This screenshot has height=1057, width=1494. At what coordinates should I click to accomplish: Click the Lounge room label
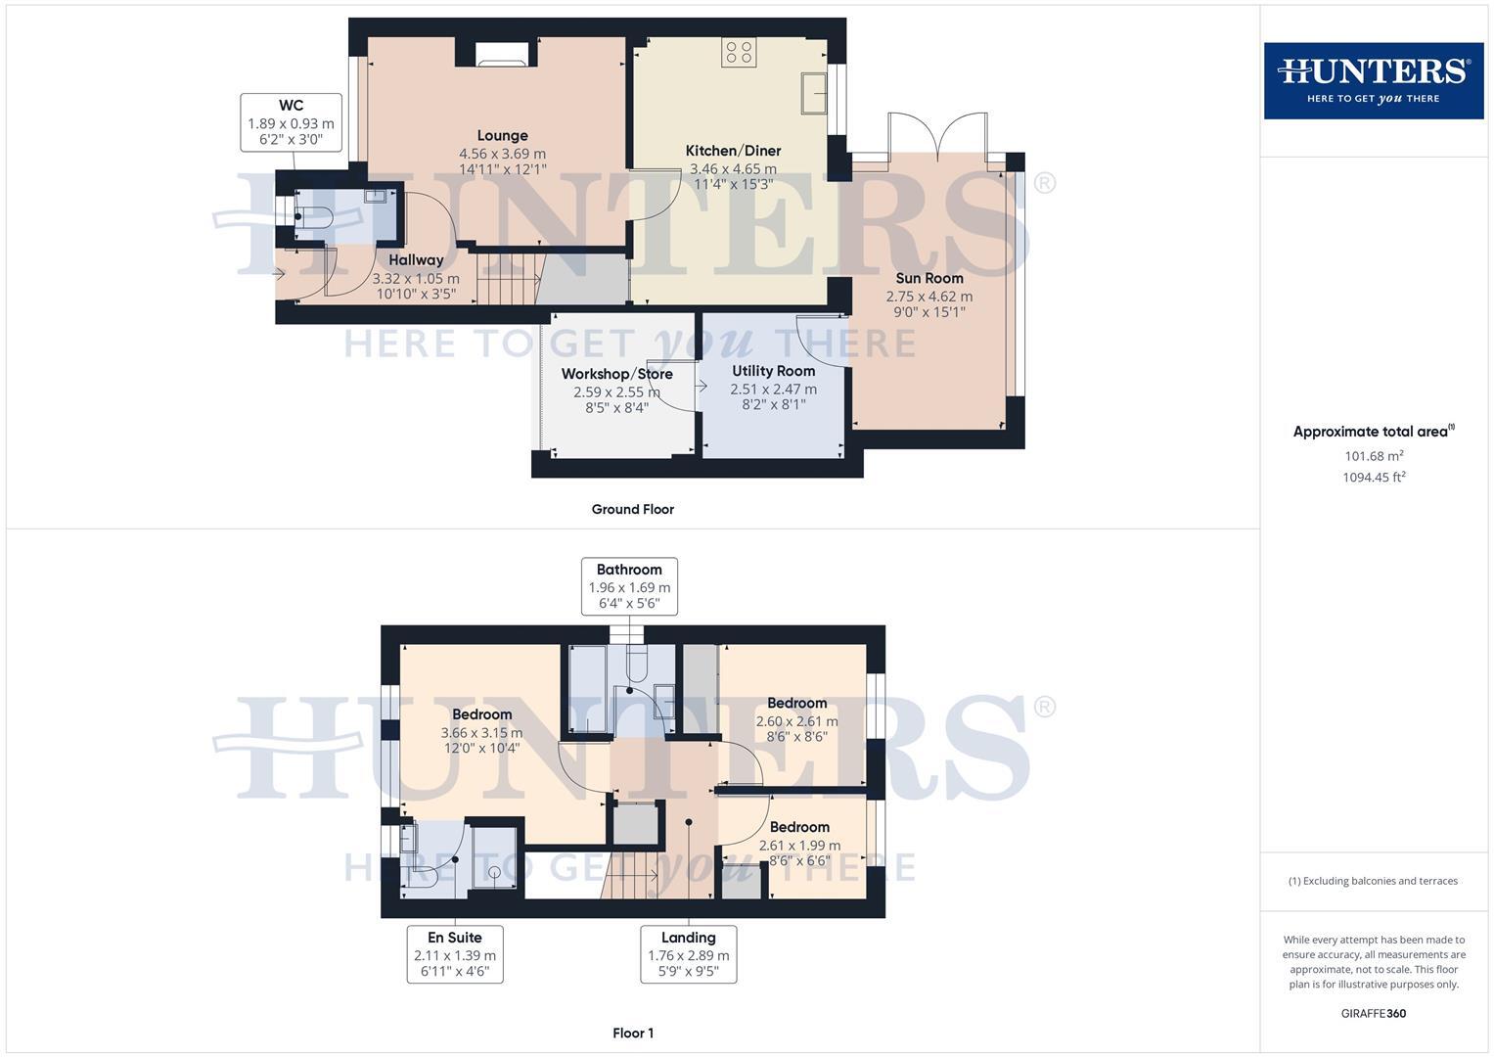[x=502, y=136]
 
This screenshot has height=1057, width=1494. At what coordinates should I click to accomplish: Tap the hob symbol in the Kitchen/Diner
[x=739, y=52]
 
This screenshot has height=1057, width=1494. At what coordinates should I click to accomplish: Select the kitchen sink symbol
[x=814, y=93]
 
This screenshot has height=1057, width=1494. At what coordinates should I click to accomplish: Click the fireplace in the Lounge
[x=502, y=54]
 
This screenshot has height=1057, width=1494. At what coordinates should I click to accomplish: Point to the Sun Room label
[x=929, y=278]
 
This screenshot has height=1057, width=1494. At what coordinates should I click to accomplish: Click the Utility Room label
[x=773, y=371]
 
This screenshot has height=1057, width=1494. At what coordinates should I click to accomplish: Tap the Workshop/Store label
[x=616, y=374]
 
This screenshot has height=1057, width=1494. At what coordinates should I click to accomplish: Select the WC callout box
[x=291, y=122]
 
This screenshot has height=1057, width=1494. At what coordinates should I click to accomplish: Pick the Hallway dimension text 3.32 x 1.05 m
[x=416, y=278]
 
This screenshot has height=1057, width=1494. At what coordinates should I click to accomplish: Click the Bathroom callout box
[x=629, y=585]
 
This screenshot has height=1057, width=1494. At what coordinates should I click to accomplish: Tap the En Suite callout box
[x=455, y=954]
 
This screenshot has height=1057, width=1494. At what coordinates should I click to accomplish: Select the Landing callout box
[x=688, y=954]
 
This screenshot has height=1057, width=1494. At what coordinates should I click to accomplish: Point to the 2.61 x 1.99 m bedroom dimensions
[x=799, y=845]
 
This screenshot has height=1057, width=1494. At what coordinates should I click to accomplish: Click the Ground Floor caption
[x=632, y=509]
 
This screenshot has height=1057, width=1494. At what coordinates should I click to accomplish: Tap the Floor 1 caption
[x=632, y=1033]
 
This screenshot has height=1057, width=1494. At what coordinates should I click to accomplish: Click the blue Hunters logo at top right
[x=1373, y=80]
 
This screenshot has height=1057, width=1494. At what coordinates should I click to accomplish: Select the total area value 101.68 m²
[x=1374, y=456]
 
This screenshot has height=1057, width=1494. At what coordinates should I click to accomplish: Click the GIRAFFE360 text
[x=1373, y=1013]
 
